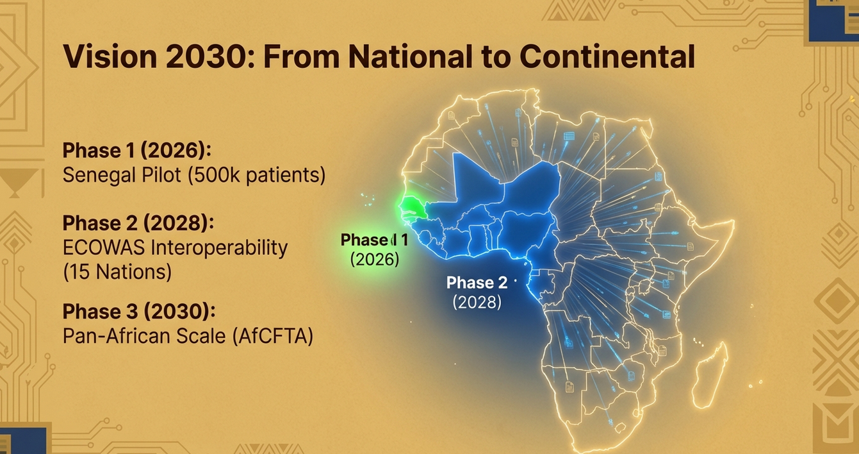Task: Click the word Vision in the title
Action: click(110, 56)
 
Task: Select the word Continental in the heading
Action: click(607, 56)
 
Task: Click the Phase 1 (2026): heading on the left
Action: click(137, 149)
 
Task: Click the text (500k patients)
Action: click(257, 175)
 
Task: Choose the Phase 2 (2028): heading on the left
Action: click(138, 223)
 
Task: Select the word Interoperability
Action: click(219, 248)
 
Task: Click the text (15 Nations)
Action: click(117, 272)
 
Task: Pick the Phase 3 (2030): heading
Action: click(139, 311)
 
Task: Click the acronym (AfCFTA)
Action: click(273, 336)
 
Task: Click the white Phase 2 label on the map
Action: click(477, 283)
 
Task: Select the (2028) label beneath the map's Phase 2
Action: click(477, 303)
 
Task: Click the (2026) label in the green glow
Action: click(375, 260)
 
